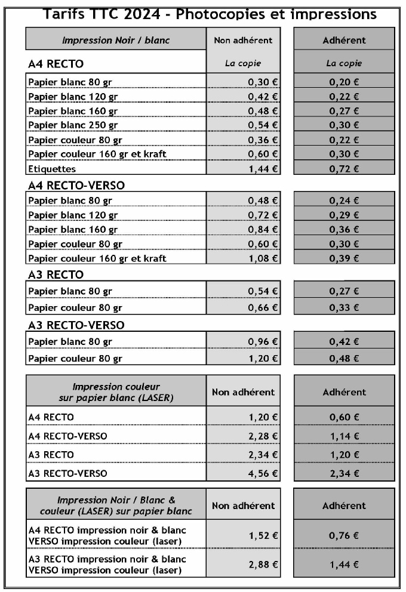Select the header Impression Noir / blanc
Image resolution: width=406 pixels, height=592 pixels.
116,41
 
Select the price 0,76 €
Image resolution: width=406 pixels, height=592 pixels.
344,535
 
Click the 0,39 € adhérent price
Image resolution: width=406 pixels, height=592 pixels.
344,258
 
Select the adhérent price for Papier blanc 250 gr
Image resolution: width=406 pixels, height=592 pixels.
344,125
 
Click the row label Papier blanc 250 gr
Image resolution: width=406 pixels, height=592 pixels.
73,125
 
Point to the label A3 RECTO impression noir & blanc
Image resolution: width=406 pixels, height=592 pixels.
107,559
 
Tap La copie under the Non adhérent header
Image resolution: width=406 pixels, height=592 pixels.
242,63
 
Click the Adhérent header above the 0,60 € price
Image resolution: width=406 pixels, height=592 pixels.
344,393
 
